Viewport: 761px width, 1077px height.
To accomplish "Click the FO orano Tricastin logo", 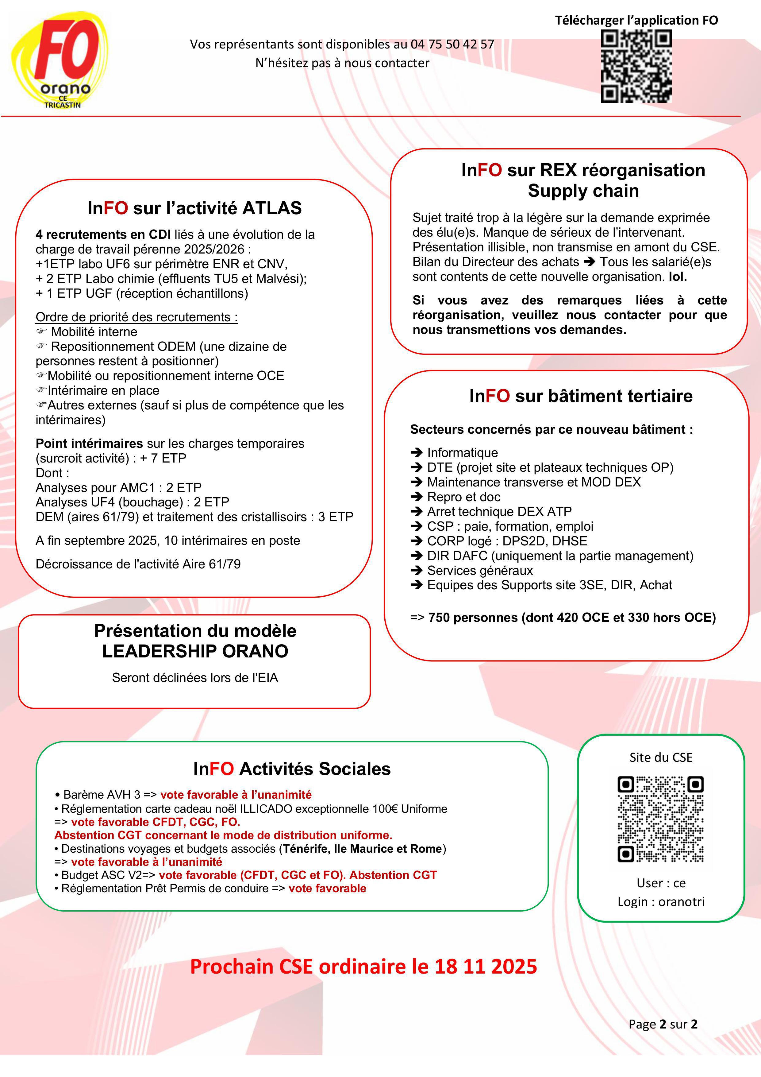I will (60, 61).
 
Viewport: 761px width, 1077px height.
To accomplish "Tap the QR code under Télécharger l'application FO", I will (636, 66).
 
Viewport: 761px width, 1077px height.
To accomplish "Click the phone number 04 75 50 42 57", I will (452, 44).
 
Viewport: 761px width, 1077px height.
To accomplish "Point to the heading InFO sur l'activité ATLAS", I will (194, 208).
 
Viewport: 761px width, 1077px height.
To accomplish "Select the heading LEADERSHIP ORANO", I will (195, 651).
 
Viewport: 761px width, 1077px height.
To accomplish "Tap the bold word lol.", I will (678, 277).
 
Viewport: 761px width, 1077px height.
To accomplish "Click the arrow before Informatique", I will (416, 453).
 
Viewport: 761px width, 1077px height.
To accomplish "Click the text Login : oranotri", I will (661, 901).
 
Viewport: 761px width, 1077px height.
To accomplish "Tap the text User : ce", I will (661, 883).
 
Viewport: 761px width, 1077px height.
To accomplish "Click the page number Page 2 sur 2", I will (663, 1024).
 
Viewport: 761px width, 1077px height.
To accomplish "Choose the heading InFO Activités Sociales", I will (292, 769).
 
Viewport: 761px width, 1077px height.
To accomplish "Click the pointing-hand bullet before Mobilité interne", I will (42, 332).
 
